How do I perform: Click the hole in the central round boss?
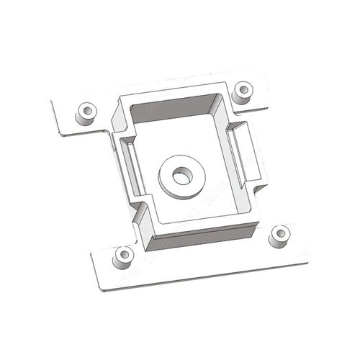tap(180, 176)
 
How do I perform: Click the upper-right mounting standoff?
tap(244, 91)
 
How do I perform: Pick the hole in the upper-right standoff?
tap(244, 90)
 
